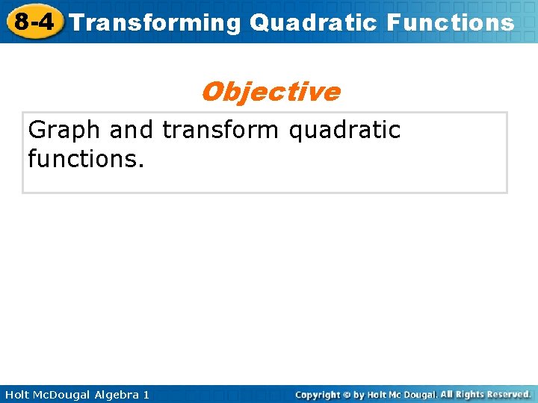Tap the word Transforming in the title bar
pyautogui.click(x=155, y=22)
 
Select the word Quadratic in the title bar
pyautogui.click(x=314, y=22)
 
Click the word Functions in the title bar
pyautogui.click(x=451, y=22)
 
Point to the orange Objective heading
pyautogui.click(x=270, y=92)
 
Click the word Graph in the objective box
pyautogui.click(x=64, y=130)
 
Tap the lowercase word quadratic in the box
pyautogui.click(x=344, y=130)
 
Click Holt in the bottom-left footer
pyautogui.click(x=17, y=394)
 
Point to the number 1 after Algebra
pyautogui.click(x=146, y=394)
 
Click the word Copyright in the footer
pyautogui.click(x=318, y=394)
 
